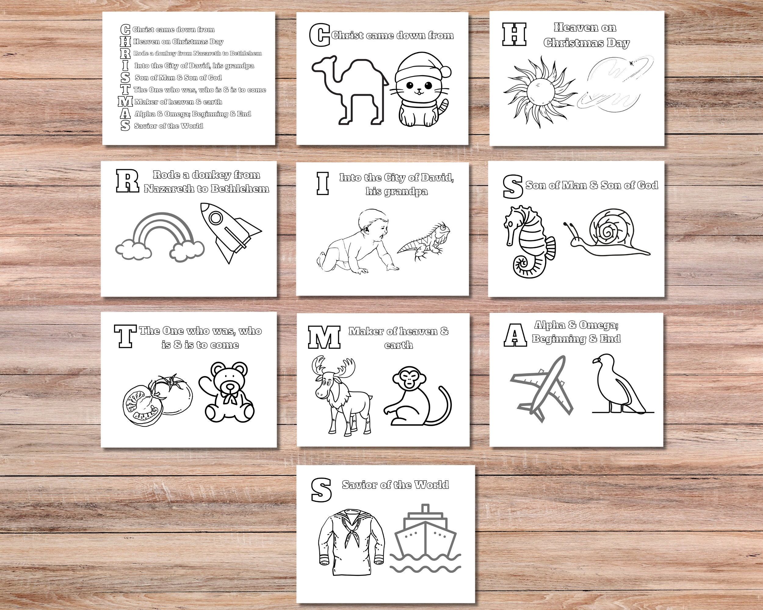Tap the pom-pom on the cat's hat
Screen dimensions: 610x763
pos(445,72)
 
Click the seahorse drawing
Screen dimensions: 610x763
pos(527,240)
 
